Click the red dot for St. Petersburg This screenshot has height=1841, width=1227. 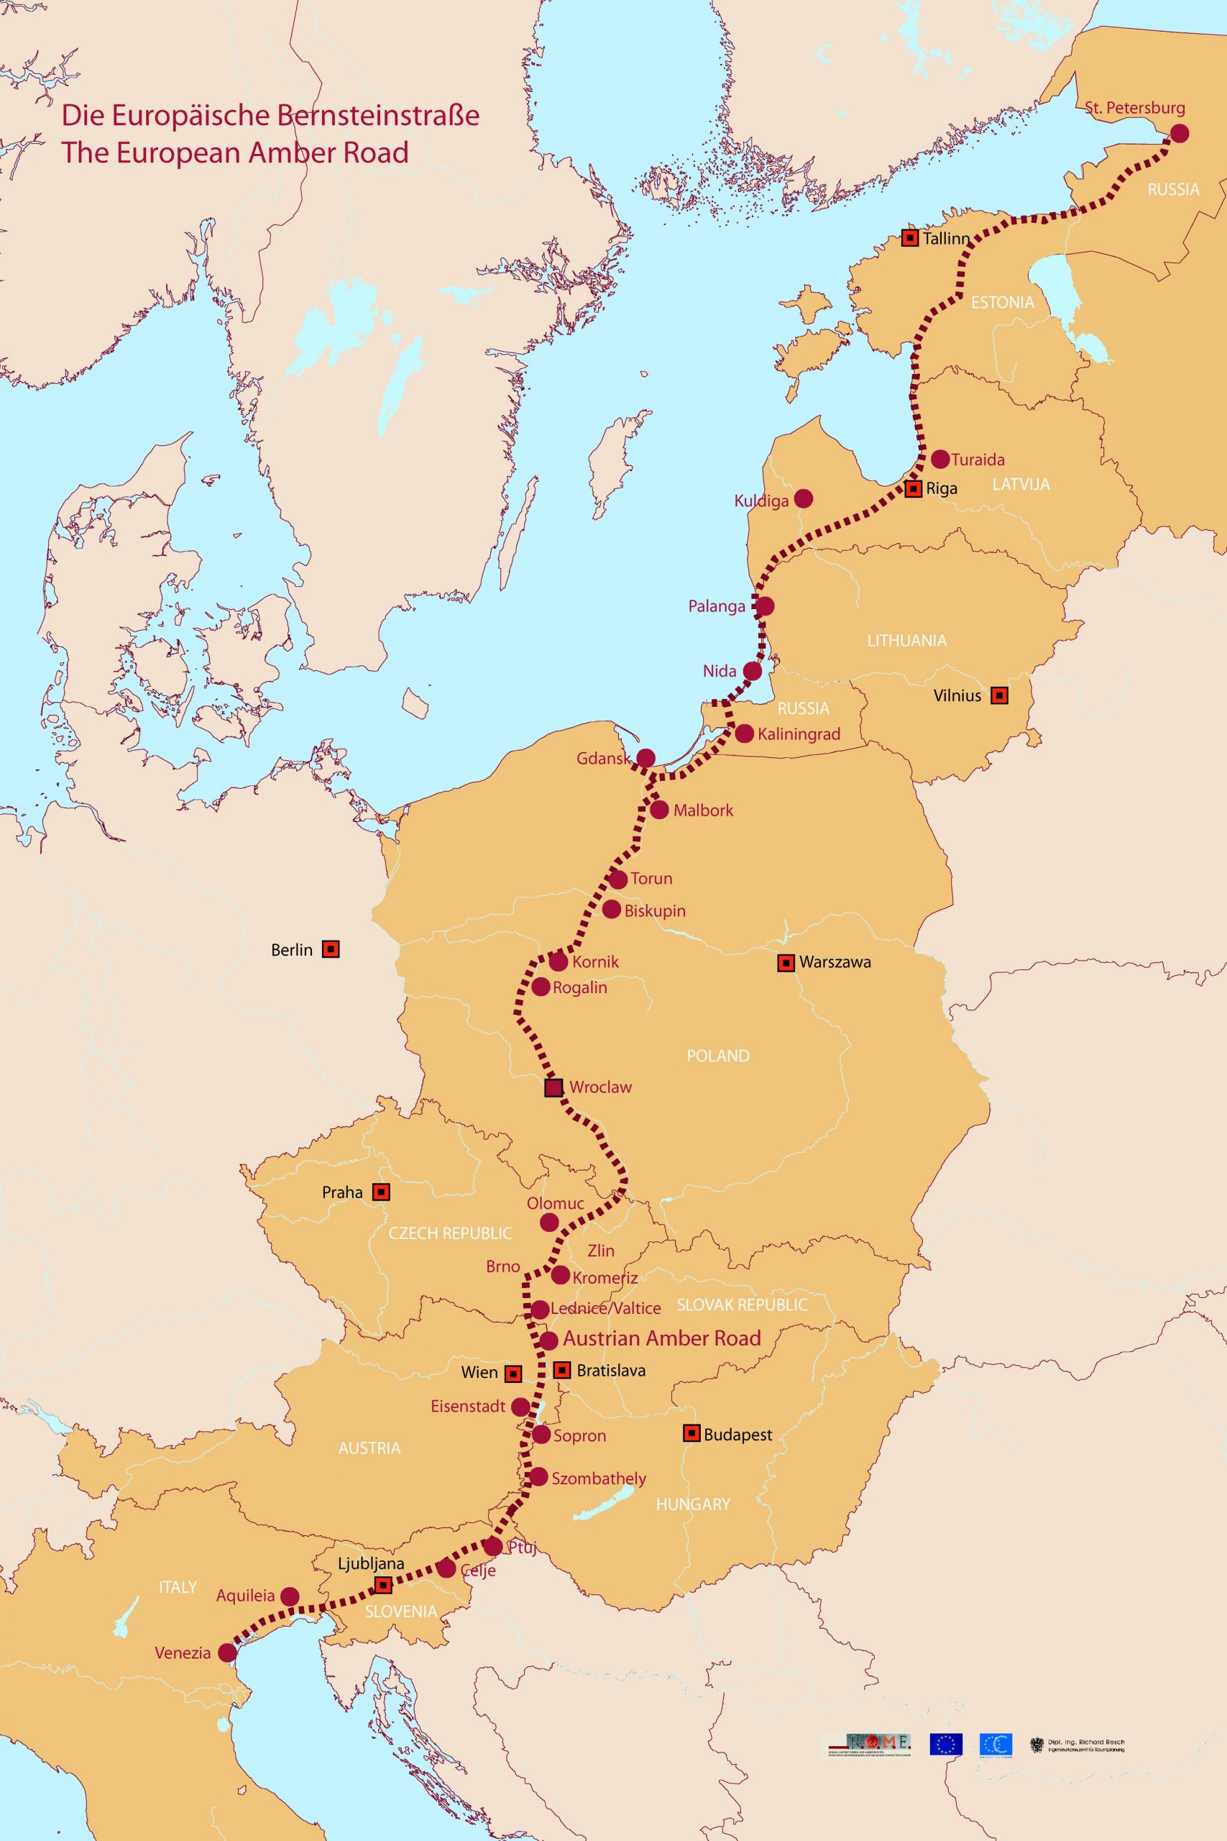pyautogui.click(x=1179, y=133)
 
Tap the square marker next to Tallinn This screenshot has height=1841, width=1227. pyautogui.click(x=909, y=238)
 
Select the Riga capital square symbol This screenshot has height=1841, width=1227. pyautogui.click(x=913, y=489)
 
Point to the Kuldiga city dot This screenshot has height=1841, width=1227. pyautogui.click(x=803, y=498)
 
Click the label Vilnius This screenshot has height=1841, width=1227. pyautogui.click(x=957, y=695)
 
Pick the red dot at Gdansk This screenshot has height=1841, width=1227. pyautogui.click(x=645, y=758)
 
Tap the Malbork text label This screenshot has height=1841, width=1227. pyautogui.click(x=703, y=810)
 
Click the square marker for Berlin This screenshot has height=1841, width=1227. pyautogui.click(x=331, y=949)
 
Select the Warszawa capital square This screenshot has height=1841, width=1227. pyautogui.click(x=786, y=963)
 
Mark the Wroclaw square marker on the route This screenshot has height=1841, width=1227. pyautogui.click(x=553, y=1087)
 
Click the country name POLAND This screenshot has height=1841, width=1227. pyautogui.click(x=717, y=1056)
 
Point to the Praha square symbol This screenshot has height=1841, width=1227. pyautogui.click(x=381, y=1192)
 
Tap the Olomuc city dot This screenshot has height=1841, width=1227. pyautogui.click(x=549, y=1222)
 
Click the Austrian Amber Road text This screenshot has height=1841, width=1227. pyautogui.click(x=661, y=1338)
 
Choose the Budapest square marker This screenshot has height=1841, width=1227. pyautogui.click(x=691, y=1433)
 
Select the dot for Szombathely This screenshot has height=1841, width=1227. pyautogui.click(x=538, y=1477)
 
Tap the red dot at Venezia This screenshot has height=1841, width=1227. pyautogui.click(x=227, y=1653)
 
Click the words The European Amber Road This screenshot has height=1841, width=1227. pyautogui.click(x=235, y=152)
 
